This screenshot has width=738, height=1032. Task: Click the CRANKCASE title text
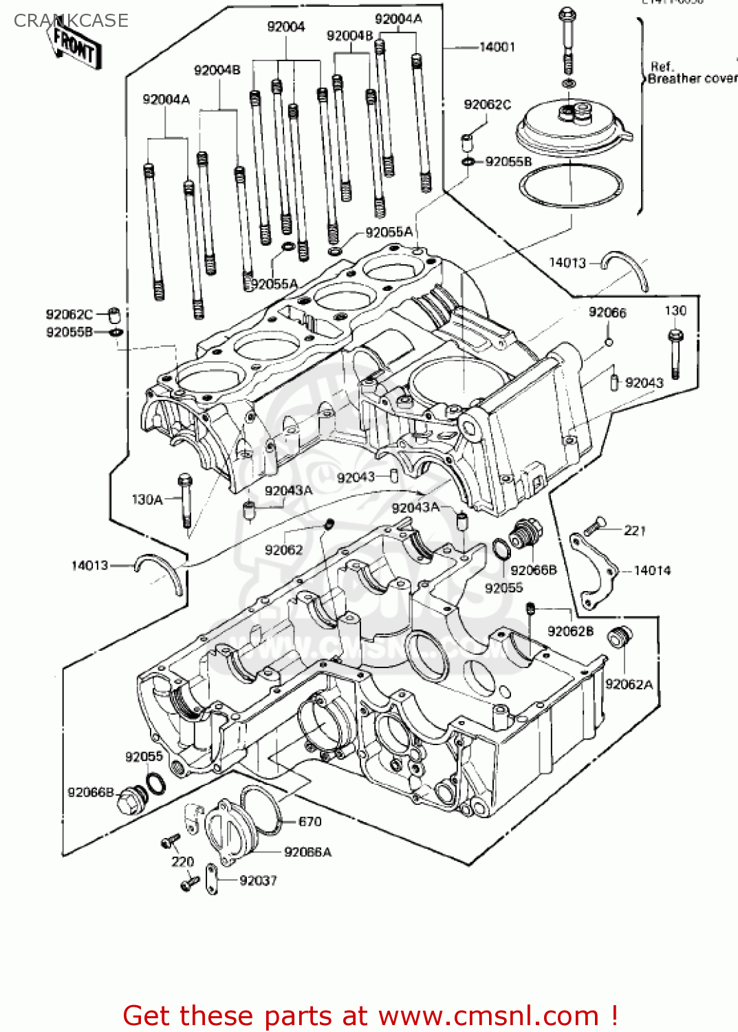pyautogui.click(x=71, y=21)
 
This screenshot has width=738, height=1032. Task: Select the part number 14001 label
pyautogui.click(x=497, y=47)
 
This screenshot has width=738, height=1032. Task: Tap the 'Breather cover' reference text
pyautogui.click(x=691, y=78)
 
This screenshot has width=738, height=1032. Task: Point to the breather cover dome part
pyautogui.click(x=573, y=127)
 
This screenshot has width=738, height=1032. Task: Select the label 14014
pyautogui.click(x=651, y=570)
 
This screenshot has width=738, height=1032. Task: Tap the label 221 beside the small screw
pyautogui.click(x=635, y=530)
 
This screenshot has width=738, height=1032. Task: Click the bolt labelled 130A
pyautogui.click(x=185, y=500)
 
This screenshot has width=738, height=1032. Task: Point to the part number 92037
pyautogui.click(x=258, y=881)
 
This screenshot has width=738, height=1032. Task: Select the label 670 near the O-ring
pyautogui.click(x=310, y=821)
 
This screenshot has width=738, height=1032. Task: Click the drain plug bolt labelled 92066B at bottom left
pyautogui.click(x=131, y=801)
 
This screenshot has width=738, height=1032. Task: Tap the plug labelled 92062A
pyautogui.click(x=619, y=638)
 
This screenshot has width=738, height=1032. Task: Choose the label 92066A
pyautogui.click(x=307, y=852)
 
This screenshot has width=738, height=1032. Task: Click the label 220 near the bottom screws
pyautogui.click(x=182, y=861)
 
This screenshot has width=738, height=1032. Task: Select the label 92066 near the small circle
pyautogui.click(x=607, y=312)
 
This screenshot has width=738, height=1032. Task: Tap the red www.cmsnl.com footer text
pyautogui.click(x=370, y=1015)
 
